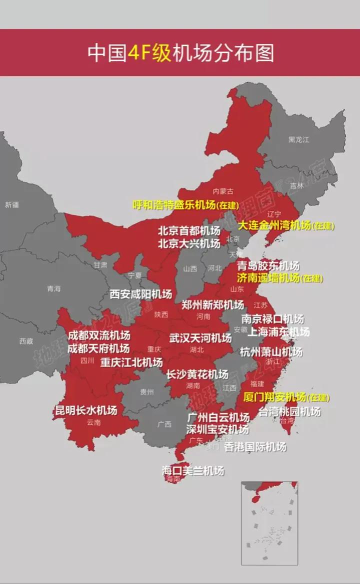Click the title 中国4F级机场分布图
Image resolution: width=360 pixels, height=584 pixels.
tap(180, 52)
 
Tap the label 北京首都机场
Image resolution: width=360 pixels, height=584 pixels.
tap(188, 231)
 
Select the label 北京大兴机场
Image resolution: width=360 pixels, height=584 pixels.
tap(188, 243)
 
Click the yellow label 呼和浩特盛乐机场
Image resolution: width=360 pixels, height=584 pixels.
tap(174, 204)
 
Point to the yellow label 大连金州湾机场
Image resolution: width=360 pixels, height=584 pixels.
tap(274, 225)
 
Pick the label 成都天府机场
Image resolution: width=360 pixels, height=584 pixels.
tap(98, 348)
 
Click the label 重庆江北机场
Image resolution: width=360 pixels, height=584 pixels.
tap(131, 362)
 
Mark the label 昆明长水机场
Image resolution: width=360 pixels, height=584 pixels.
tap(85, 411)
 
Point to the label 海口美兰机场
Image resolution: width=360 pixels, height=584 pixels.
tap(192, 470)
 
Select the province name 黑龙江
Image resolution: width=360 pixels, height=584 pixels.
tap(298, 139)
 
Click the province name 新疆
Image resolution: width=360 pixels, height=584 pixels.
tap(11, 204)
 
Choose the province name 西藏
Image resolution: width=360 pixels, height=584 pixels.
tap(26, 341)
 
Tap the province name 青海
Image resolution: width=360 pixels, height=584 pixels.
tap(53, 288)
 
